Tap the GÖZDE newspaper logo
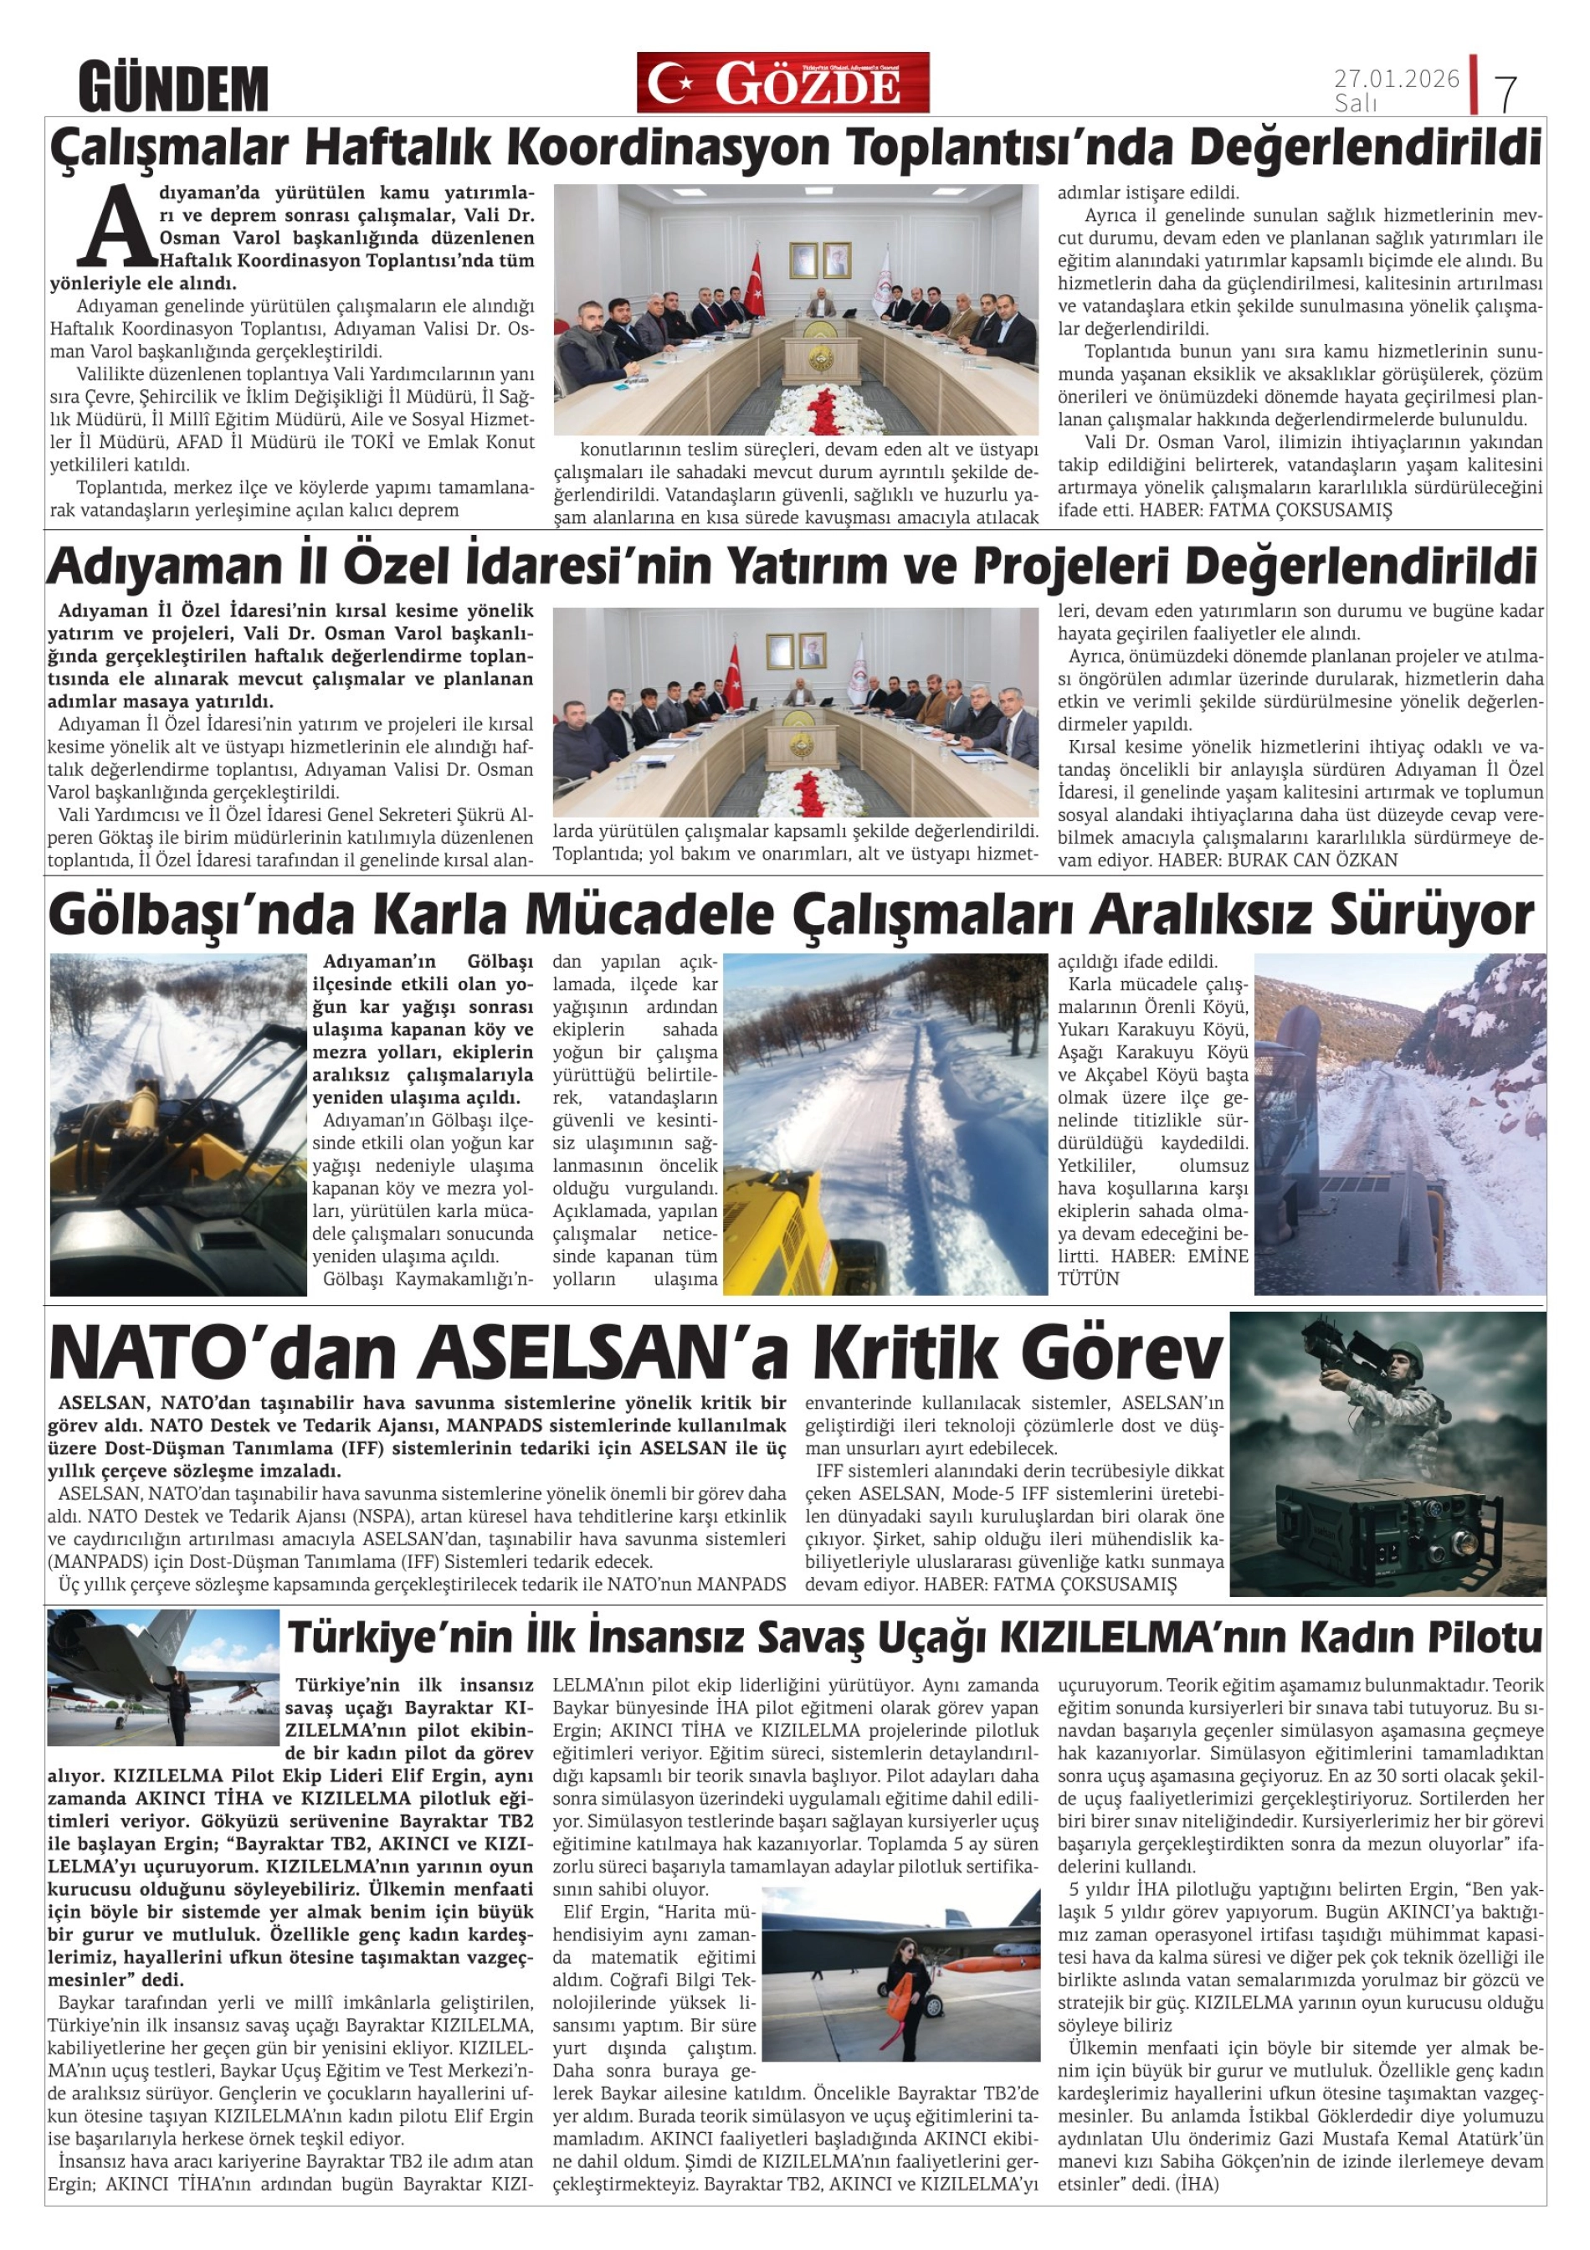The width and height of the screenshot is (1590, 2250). (x=782, y=84)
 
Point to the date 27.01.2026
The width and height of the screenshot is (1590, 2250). (x=1396, y=79)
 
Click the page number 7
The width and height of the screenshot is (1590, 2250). (x=1505, y=93)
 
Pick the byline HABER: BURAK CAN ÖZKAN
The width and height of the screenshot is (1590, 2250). (x=1278, y=860)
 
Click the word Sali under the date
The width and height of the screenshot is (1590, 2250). (x=1355, y=103)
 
